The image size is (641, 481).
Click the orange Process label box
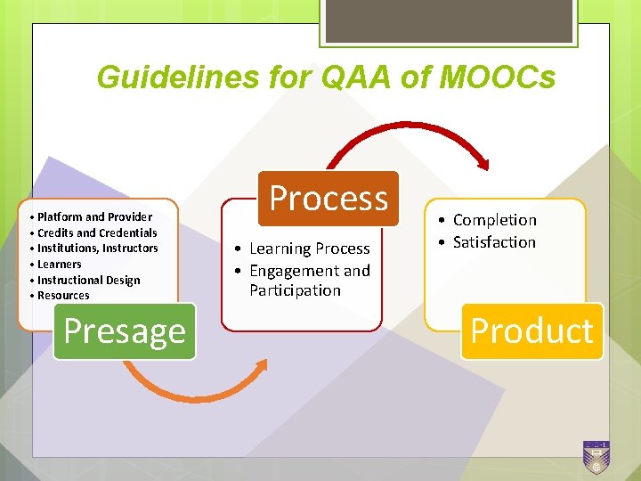[329, 197]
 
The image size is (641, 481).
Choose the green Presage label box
[125, 330]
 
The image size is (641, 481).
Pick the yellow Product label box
[531, 330]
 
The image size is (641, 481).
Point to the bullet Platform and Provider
[94, 217]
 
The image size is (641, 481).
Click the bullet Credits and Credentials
[97, 232]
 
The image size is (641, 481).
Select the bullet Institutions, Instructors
[97, 249]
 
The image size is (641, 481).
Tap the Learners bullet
[59, 265]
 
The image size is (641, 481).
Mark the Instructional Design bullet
[88, 280]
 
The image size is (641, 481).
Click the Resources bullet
[63, 295]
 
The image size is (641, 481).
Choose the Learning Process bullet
[309, 249]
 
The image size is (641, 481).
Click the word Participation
[295, 290]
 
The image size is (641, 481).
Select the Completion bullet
[494, 220]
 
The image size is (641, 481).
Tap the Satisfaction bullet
[494, 242]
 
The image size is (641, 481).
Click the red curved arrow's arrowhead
[483, 162]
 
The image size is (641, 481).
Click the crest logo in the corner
[596, 456]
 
